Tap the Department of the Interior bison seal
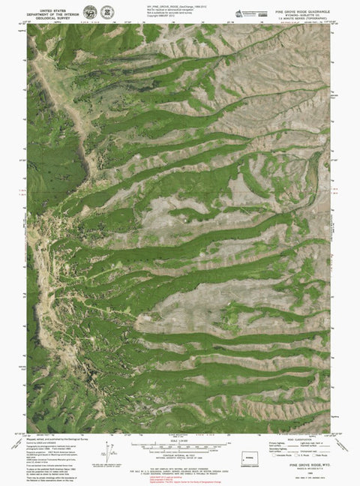tap(90, 12)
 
